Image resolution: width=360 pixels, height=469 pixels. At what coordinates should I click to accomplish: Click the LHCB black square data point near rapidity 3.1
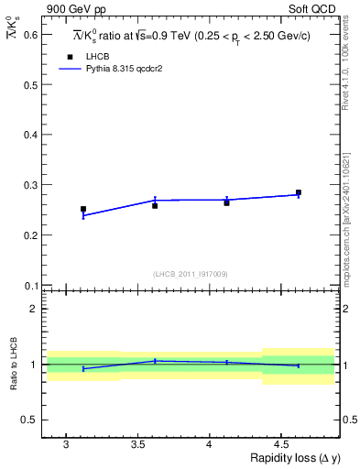83,209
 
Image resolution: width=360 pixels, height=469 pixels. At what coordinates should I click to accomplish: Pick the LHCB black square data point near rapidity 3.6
155,205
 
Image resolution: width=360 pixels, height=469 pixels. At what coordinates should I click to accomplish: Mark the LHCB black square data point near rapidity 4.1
226,202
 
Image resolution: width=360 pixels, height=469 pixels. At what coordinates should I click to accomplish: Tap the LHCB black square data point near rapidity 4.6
299,192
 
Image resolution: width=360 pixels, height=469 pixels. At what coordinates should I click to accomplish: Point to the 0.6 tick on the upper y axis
29,34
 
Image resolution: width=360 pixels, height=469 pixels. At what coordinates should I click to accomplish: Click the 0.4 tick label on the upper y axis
29,135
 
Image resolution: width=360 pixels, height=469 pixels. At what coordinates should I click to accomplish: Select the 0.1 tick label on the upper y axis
29,285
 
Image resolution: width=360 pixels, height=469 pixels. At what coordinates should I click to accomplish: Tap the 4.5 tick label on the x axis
284,443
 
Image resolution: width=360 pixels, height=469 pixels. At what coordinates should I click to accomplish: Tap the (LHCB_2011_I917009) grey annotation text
191,273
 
